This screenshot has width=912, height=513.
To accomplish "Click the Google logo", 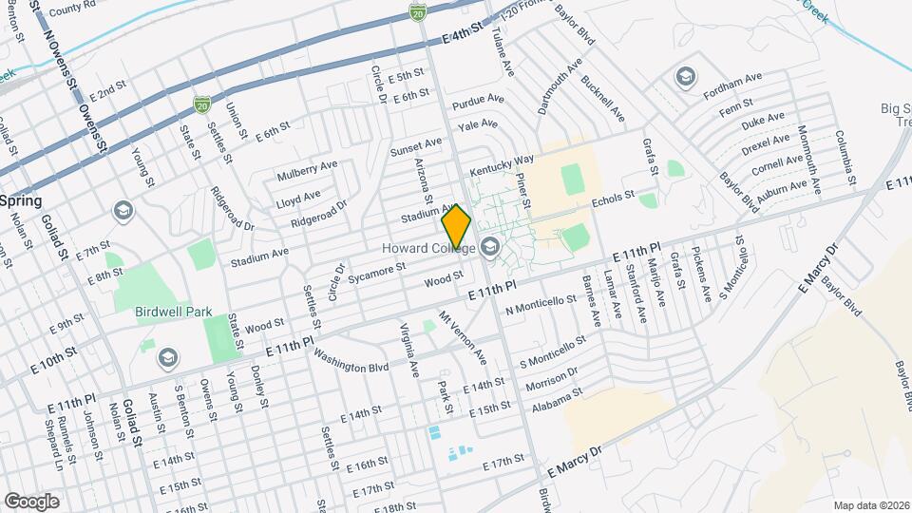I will pos(31,501).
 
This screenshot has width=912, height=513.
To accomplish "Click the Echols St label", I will pos(612,198).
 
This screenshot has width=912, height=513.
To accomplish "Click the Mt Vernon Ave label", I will pos(462,336).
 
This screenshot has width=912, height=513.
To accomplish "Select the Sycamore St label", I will pos(377,274).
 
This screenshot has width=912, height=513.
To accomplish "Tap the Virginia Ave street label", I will pos(408,349).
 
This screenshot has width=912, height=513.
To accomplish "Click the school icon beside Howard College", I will pos(490,249).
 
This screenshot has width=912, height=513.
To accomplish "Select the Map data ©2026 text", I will pos(871,504).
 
